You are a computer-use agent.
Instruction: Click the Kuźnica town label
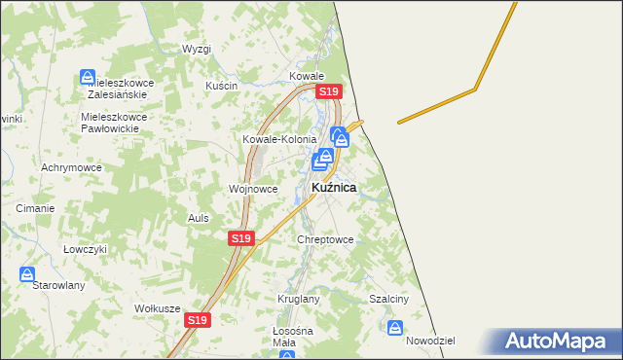(333, 187)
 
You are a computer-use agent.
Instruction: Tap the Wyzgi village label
(197, 49)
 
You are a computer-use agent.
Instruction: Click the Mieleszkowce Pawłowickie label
(114, 122)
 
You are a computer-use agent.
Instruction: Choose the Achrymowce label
(66, 167)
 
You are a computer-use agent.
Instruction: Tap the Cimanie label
(35, 208)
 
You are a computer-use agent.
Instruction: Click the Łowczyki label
(84, 248)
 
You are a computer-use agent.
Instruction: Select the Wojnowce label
(253, 189)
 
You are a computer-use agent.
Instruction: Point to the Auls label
(199, 218)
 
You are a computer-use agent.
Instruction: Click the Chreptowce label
(325, 238)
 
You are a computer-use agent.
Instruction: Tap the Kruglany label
(298, 299)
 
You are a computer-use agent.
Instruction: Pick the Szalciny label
(388, 299)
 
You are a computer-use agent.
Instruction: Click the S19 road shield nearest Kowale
(328, 91)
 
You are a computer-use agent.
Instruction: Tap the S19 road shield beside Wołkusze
(198, 319)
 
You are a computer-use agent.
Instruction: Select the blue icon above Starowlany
(27, 275)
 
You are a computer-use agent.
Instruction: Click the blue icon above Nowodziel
(395, 328)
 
